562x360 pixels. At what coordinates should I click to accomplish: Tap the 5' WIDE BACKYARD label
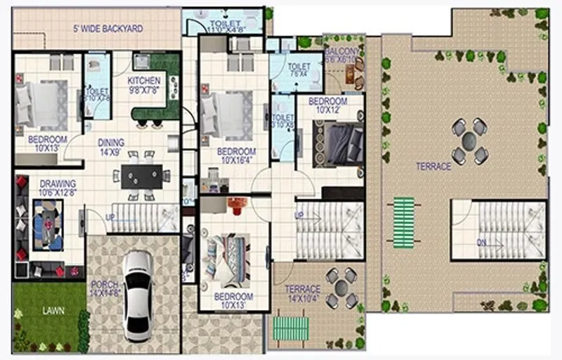(x=108, y=29)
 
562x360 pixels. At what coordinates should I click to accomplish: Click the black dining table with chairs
(x=141, y=175)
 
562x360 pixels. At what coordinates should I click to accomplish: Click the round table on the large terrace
(x=469, y=141)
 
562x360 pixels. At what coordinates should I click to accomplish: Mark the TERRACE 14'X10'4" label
(x=303, y=293)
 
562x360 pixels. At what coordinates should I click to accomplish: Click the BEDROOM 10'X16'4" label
(x=236, y=155)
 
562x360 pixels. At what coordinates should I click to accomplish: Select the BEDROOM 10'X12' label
(x=328, y=105)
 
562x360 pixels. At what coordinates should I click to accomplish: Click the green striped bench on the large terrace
(x=403, y=223)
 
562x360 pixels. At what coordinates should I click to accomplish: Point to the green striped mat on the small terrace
(x=290, y=328)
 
